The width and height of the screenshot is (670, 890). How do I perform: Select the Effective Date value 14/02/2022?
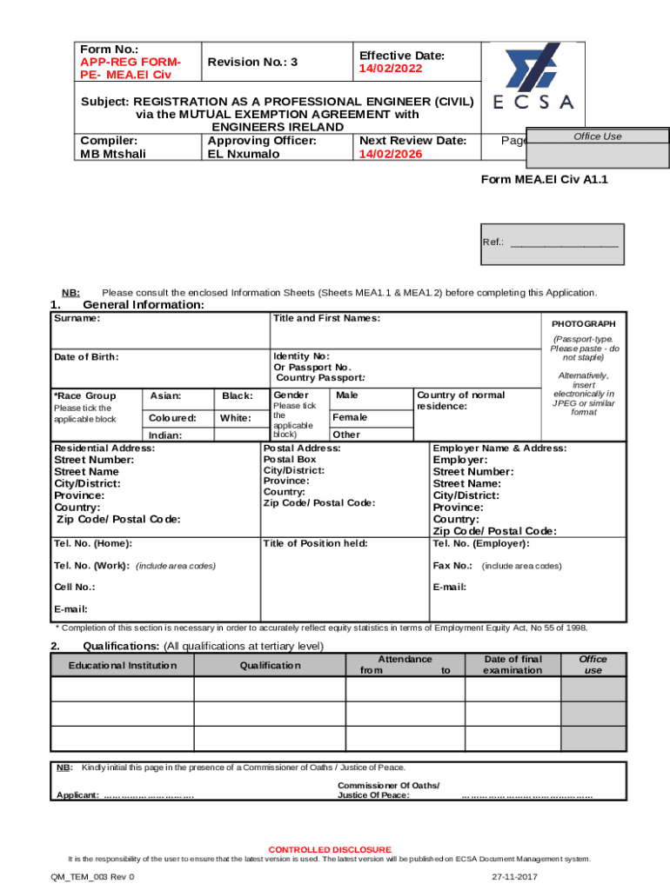click(x=390, y=68)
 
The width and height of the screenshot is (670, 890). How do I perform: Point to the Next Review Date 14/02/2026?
click(x=390, y=154)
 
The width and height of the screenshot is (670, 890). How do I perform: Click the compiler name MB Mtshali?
click(x=113, y=154)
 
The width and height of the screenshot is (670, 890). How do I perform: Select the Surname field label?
click(x=77, y=318)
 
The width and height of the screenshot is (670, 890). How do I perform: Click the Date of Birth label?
click(x=86, y=356)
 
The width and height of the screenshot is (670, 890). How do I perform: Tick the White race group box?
click(x=237, y=418)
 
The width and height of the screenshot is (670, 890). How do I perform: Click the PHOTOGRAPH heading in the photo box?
click(x=584, y=323)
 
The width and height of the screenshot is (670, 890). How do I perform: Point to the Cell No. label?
click(x=75, y=587)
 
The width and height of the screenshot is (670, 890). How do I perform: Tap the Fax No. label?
click(x=452, y=565)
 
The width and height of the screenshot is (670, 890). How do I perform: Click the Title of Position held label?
click(x=315, y=543)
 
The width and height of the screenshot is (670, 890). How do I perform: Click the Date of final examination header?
click(x=513, y=665)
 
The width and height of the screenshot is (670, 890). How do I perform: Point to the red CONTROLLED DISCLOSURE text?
click(x=330, y=849)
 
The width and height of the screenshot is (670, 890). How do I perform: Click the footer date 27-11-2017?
click(x=515, y=877)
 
